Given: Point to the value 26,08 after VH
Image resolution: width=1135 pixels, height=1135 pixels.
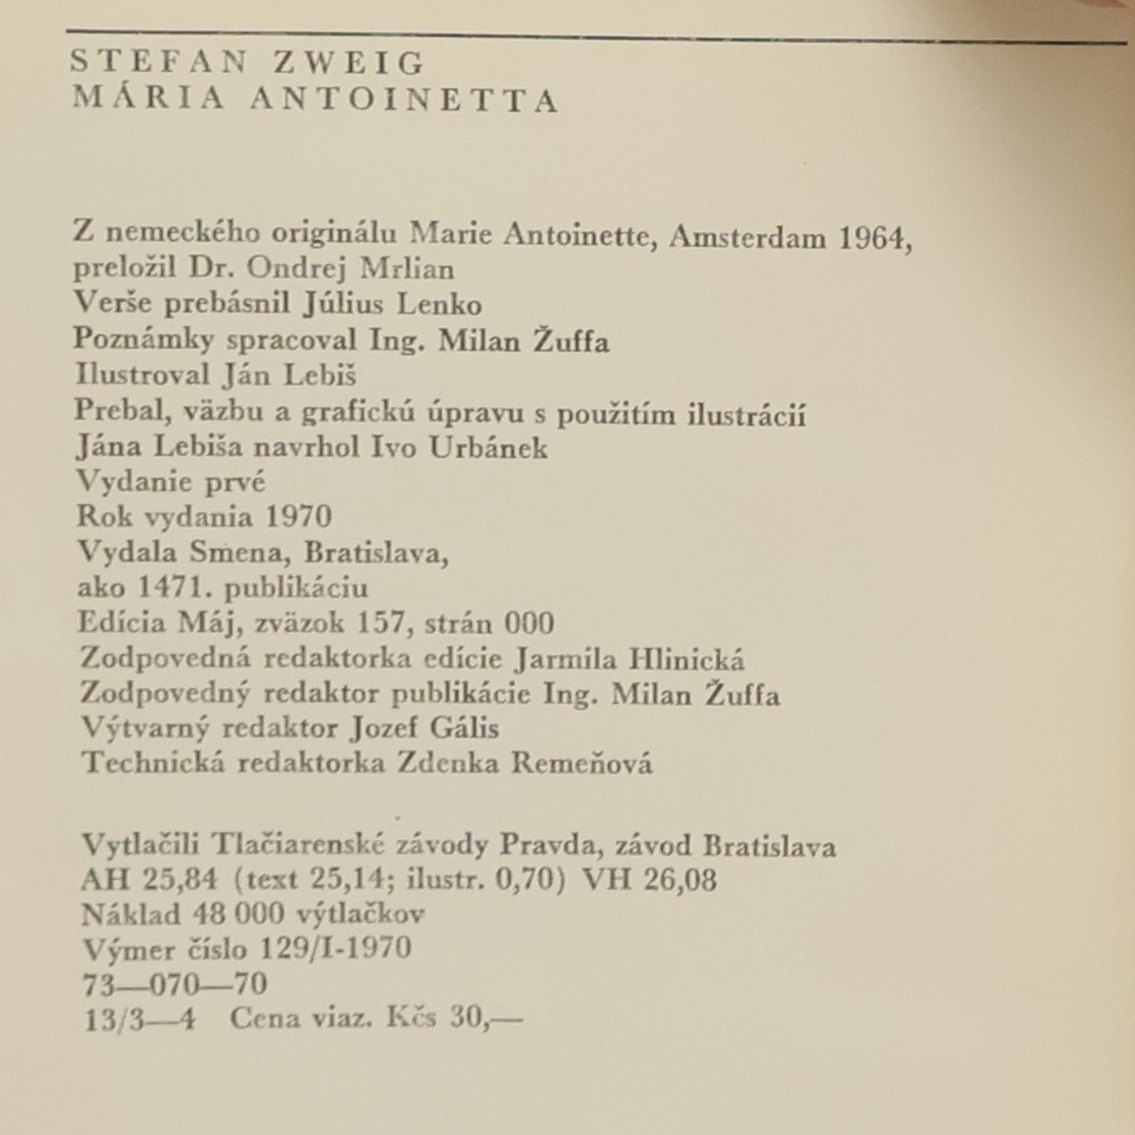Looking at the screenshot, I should click(683, 881).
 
